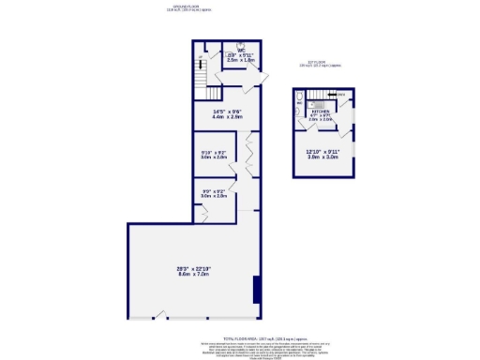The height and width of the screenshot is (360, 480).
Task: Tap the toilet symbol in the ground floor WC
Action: pyautogui.click(x=242, y=45)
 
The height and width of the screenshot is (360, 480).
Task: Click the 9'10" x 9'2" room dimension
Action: pyautogui.click(x=215, y=155)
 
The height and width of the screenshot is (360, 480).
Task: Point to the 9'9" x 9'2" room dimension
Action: pyautogui.click(x=215, y=193)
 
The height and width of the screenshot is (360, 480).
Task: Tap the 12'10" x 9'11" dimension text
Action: pyautogui.click(x=322, y=154)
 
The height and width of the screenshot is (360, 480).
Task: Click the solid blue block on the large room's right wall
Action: pyautogui.click(x=257, y=290)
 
